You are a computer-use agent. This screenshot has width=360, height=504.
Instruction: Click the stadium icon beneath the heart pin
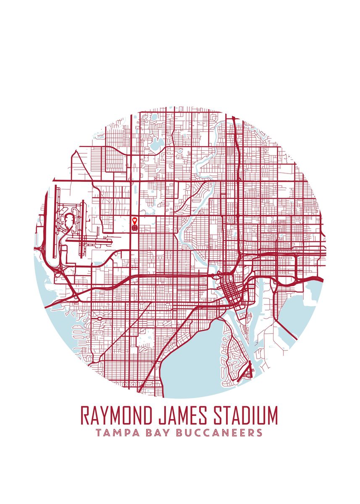pos(134,227)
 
